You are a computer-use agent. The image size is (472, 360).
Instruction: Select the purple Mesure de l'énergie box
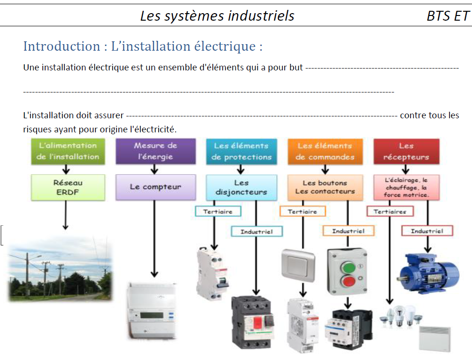155,151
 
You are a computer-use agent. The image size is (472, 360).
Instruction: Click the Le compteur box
155,187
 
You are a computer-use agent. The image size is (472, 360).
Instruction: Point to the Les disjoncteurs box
241,187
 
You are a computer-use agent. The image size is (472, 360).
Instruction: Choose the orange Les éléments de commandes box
325,151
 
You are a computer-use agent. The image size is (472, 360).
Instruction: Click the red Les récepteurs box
406,151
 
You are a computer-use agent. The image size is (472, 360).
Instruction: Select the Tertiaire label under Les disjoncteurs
218,212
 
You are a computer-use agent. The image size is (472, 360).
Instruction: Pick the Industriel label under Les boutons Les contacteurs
348,231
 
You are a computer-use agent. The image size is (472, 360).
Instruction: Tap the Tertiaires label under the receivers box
390,212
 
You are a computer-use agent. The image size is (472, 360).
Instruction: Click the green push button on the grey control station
348,268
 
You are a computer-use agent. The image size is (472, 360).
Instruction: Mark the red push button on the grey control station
348,282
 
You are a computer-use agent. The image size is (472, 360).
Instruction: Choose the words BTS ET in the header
447,15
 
